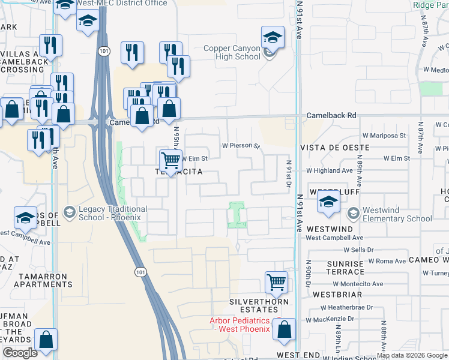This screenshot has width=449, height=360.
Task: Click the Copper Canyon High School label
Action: (x=232, y=53)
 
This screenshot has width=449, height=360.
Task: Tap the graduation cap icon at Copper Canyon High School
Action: (x=273, y=38)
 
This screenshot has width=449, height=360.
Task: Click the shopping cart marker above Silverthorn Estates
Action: (x=276, y=282)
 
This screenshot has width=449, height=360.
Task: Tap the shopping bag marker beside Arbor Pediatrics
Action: (x=284, y=329)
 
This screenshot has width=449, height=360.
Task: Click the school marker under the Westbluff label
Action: (x=328, y=202)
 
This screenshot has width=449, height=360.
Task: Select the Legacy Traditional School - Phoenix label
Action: (x=113, y=212)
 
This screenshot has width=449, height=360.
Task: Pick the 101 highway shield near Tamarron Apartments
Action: (x=139, y=272)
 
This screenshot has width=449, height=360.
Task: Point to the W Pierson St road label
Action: (x=240, y=145)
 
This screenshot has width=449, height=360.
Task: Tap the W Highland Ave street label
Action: (x=330, y=170)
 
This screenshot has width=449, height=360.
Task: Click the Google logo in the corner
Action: (x=20, y=353)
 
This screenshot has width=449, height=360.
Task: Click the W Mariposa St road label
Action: (x=386, y=136)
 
